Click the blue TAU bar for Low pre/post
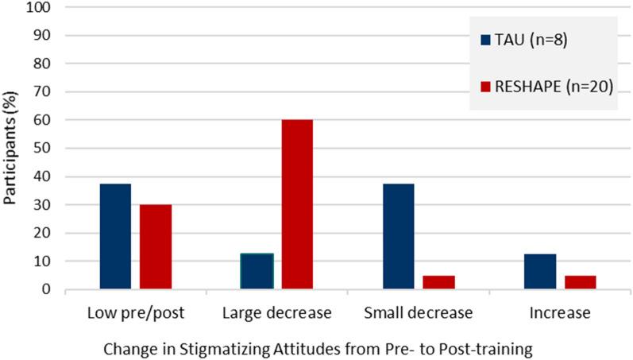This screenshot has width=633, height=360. [115, 236]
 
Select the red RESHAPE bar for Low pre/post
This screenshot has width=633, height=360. [156, 246]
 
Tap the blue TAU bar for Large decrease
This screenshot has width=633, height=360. [257, 271]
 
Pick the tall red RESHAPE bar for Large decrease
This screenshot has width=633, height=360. [297, 204]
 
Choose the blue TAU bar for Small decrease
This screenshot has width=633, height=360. [399, 236]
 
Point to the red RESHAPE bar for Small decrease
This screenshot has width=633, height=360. [439, 282]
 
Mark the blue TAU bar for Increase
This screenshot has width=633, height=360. [540, 271]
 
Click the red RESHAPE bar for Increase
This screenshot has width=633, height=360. [581, 282]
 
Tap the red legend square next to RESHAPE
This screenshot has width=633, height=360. [485, 87]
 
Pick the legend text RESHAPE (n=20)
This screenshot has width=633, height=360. [553, 87]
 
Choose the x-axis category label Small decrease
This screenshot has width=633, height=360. [419, 312]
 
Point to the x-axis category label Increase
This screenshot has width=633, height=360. [561, 312]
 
